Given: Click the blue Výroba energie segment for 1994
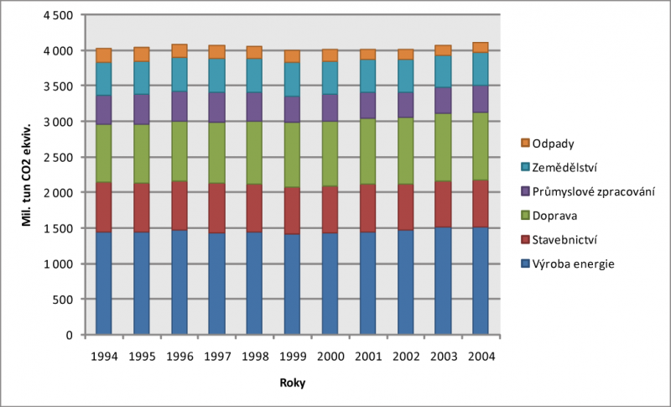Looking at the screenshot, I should tap(104, 283).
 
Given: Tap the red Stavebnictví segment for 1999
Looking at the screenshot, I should tap(292, 211).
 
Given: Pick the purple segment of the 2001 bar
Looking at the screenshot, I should tap(367, 105).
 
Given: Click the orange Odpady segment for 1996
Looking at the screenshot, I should tap(179, 50).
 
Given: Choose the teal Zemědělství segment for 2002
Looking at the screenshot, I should tap(405, 76).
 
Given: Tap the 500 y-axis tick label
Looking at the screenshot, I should tap(67, 299).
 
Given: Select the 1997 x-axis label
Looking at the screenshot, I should tap(217, 356).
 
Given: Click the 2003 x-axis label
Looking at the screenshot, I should tap(443, 356).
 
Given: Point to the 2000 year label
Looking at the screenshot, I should tap(330, 356).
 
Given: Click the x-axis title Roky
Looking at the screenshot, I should tap(293, 384).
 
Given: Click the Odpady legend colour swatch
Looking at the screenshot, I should tap(526, 143).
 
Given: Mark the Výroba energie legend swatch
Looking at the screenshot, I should tap(526, 264).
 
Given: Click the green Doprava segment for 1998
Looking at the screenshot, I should tap(255, 153).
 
